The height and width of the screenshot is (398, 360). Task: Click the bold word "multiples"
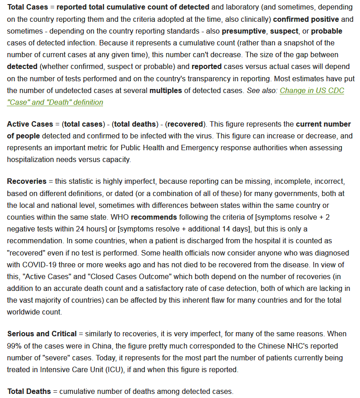point(166,90)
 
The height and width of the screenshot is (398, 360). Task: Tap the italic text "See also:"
point(262,90)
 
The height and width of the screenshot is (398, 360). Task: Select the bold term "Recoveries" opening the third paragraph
point(26,181)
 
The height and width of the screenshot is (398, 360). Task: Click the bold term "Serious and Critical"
point(42,334)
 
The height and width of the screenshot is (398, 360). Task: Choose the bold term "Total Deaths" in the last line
point(29,391)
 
